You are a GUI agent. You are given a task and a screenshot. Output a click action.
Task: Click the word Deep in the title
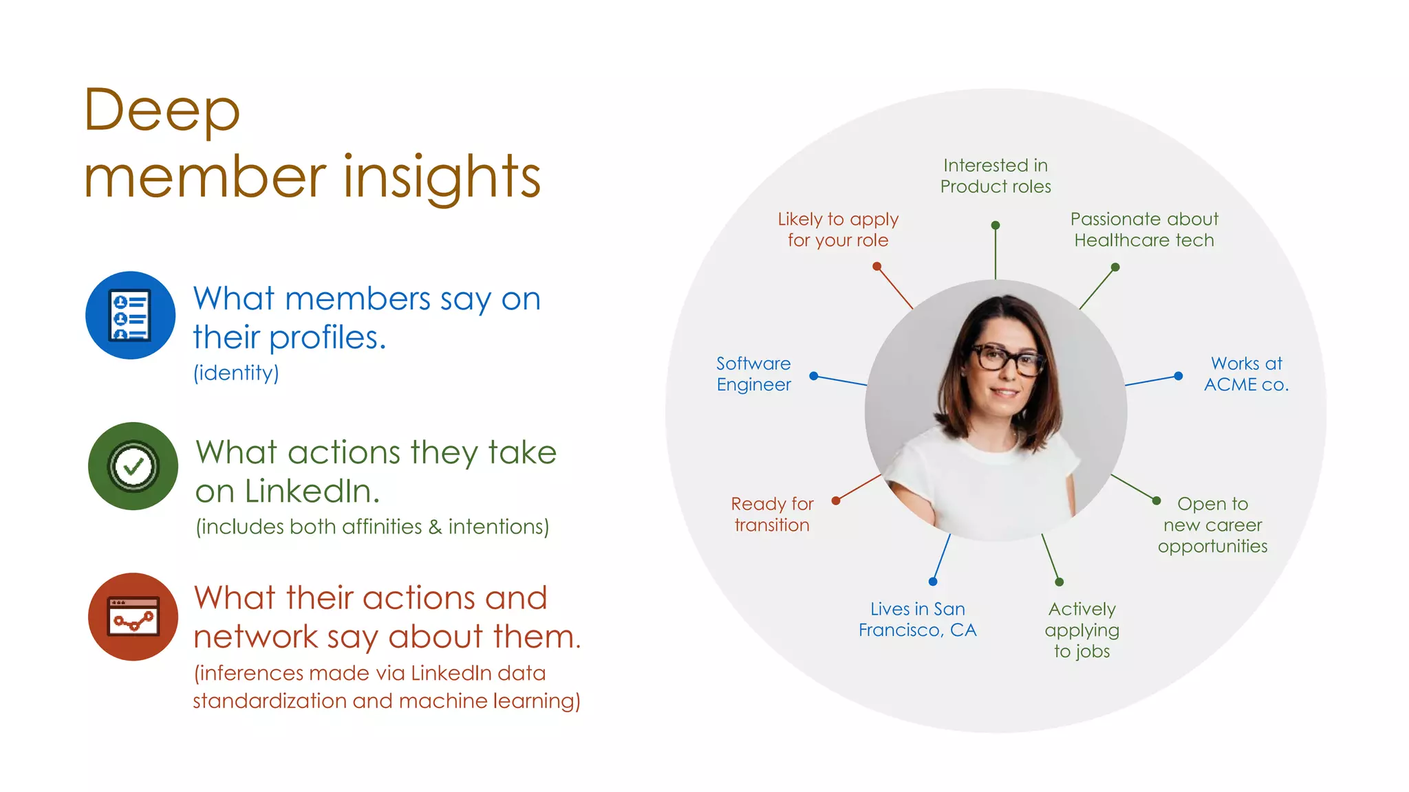pyautogui.click(x=162, y=110)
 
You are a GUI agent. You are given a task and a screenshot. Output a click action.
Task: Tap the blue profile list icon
pyautogui.click(x=130, y=316)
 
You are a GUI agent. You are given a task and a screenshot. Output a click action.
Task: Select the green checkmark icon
pyautogui.click(x=133, y=466)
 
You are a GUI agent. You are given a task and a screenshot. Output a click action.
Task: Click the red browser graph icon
pyautogui.click(x=133, y=617)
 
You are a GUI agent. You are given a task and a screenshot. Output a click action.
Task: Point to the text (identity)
pyautogui.click(x=236, y=373)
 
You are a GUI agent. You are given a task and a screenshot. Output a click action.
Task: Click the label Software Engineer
pyautogui.click(x=753, y=374)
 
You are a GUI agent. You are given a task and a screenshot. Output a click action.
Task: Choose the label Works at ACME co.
pyautogui.click(x=1246, y=374)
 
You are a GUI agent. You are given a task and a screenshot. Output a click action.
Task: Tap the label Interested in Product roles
pyautogui.click(x=996, y=176)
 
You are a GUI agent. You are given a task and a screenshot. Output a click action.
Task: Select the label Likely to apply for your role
pyautogui.click(x=838, y=230)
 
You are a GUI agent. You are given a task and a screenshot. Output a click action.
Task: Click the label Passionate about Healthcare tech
pyautogui.click(x=1144, y=230)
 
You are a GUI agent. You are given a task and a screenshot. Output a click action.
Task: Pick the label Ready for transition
pyautogui.click(x=772, y=514)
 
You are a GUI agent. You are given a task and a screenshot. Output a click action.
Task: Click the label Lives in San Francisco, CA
pyautogui.click(x=917, y=619)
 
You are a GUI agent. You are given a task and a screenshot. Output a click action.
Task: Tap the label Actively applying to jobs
pyautogui.click(x=1082, y=630)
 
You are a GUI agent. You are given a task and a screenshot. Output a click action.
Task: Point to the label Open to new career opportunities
pyautogui.click(x=1212, y=525)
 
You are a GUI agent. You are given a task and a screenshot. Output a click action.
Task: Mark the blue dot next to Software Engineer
pyautogui.click(x=814, y=376)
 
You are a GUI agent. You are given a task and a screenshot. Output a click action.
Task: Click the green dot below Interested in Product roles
pyautogui.click(x=996, y=225)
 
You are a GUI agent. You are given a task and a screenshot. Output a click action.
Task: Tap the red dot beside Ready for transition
pyautogui.click(x=836, y=500)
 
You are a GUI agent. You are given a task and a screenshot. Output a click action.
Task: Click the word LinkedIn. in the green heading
pyautogui.click(x=311, y=492)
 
